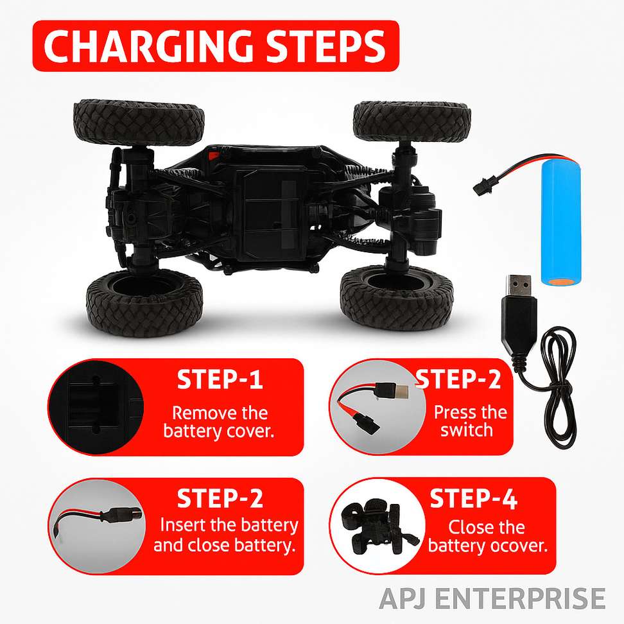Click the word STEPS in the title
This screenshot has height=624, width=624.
coord(325,46)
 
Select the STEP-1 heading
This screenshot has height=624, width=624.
coord(220,379)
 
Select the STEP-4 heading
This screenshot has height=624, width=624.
coord(473,498)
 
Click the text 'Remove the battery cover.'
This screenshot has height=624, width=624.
coord(219,422)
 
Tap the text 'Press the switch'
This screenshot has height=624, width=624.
coord(470,421)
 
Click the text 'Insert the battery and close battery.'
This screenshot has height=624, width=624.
coord(226,535)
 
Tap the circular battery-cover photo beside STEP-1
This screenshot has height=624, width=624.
coord(96,407)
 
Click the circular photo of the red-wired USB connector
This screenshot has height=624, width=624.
coord(377,407)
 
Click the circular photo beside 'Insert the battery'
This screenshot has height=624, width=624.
coord(97,526)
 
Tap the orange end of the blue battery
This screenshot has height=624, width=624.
coord(560,282)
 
